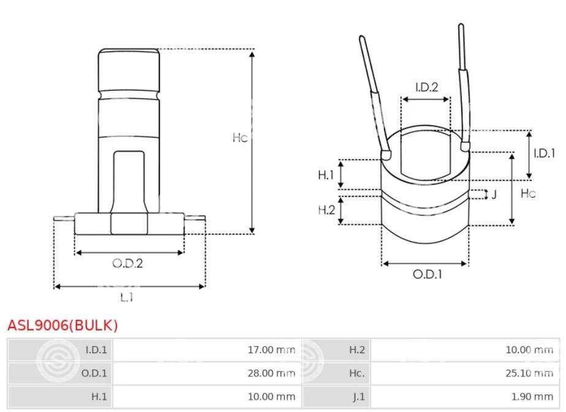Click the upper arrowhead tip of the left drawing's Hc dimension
coord(252,51)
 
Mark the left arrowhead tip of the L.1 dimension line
coord(54,287)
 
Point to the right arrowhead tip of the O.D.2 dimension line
coord(184,253)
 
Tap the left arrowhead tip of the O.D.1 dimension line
coord(382,264)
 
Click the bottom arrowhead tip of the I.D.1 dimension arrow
coord(529,179)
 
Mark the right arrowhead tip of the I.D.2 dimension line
coord(450,99)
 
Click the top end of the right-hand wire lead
coord(461,24)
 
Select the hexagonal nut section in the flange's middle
coord(129,223)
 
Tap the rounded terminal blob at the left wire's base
coord(387,155)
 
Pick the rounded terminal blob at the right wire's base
coord(466,146)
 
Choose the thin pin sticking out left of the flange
coord(64,219)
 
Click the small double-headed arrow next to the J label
coord(486,195)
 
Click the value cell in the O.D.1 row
coord(207,373)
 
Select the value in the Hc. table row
coord(529,373)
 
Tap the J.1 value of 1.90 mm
coord(532,397)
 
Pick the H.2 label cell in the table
coord(336,350)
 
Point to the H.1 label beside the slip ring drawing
coord(326,175)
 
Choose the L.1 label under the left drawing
coord(127,298)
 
